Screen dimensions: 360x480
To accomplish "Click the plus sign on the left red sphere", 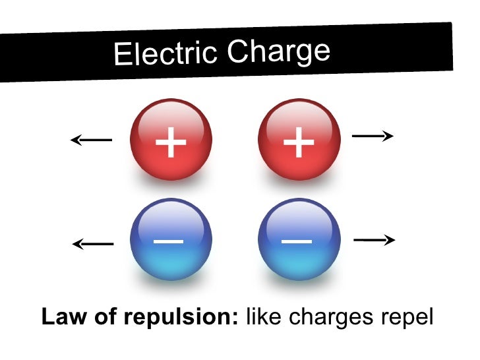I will tap(171, 142).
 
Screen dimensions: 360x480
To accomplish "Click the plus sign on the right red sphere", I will tap(299, 142).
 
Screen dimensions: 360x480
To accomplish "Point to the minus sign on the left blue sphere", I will tap(169, 241).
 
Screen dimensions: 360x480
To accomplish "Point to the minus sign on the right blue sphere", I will tap(297, 241).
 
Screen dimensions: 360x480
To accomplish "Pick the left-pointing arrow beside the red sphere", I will tap(91, 139).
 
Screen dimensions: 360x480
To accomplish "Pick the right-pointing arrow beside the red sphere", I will tap(373, 136).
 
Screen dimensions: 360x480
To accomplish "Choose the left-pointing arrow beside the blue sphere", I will tap(92, 244).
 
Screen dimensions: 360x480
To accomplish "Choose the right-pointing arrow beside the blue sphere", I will tap(374, 241).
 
